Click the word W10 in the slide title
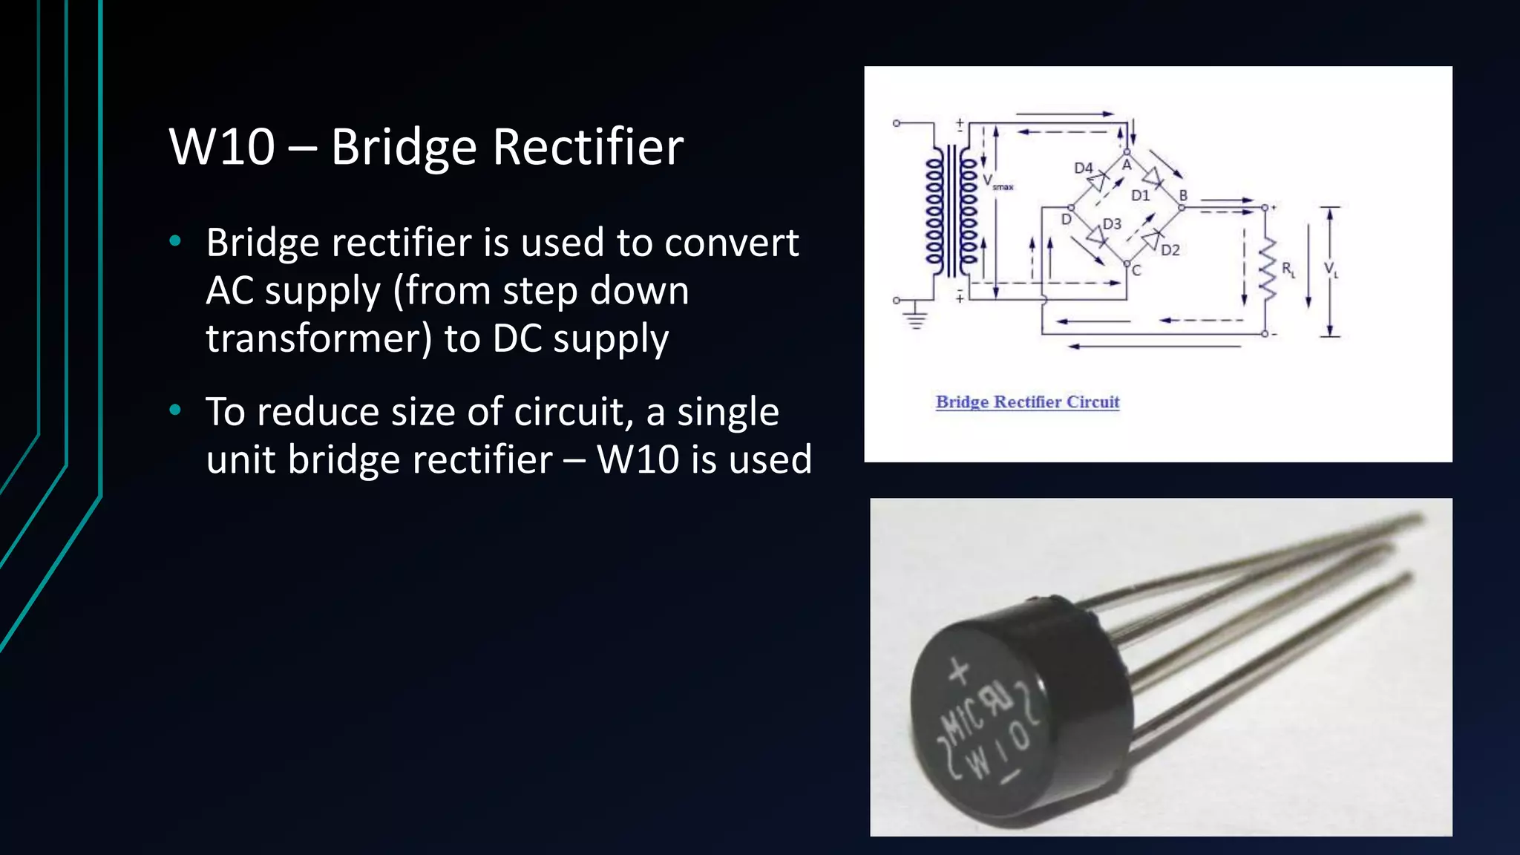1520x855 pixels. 222,147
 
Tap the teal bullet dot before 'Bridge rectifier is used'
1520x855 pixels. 175,240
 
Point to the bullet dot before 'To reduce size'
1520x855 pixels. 175,410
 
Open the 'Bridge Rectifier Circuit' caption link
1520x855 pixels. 1027,402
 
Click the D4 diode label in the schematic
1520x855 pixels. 1083,168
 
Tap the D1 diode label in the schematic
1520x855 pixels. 1140,195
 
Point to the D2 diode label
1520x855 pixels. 1170,250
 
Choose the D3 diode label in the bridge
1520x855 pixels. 1112,223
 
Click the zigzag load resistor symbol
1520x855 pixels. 1268,270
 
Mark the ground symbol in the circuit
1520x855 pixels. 916,318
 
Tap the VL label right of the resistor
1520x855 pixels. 1331,269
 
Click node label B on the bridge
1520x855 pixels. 1183,194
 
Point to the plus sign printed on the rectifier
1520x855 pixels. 959,672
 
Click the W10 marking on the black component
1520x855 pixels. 998,750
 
